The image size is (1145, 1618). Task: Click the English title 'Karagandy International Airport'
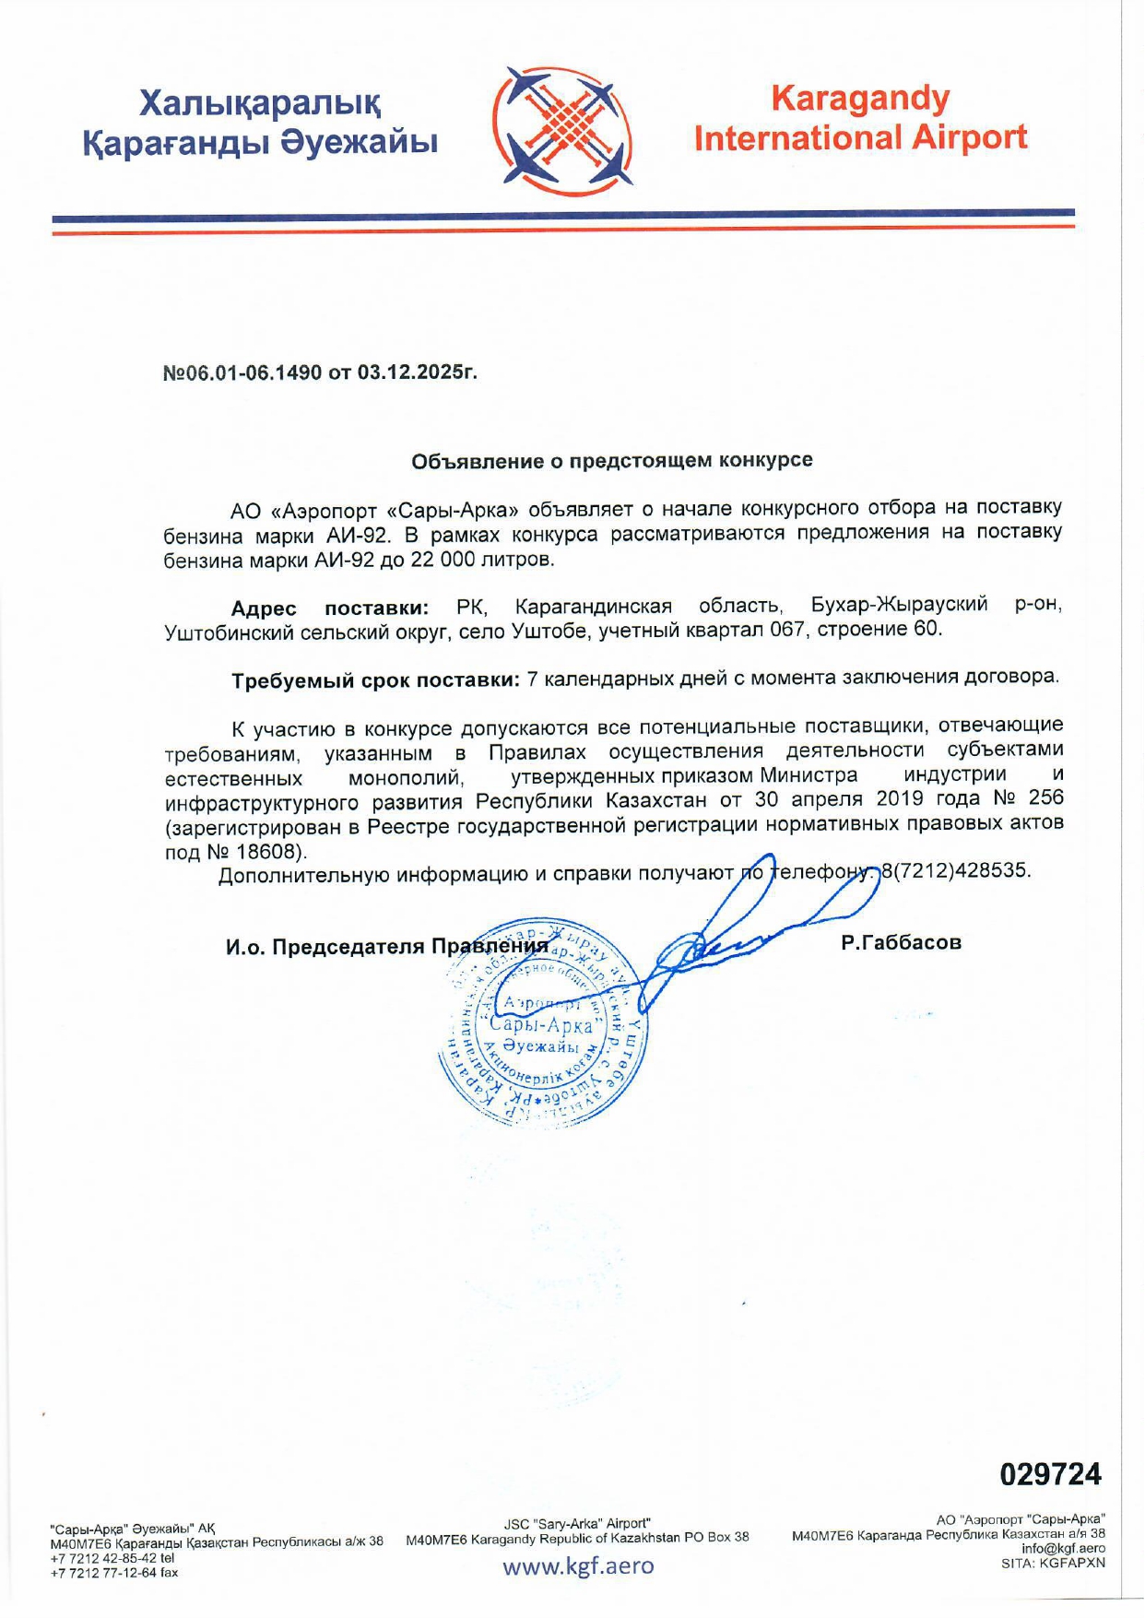(x=860, y=118)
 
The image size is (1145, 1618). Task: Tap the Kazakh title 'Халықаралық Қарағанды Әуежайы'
(x=260, y=123)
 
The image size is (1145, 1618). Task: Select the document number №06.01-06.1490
(x=242, y=373)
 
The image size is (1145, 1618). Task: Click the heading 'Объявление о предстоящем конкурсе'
(x=611, y=460)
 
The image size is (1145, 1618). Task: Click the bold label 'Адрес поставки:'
(x=330, y=608)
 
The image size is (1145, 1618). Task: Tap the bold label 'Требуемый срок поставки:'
(x=375, y=680)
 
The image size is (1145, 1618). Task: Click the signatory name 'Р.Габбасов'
(x=901, y=943)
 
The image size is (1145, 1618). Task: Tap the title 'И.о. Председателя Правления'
(x=387, y=947)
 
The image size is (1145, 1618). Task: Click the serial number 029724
(x=1050, y=1473)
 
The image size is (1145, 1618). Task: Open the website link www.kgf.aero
(x=578, y=1566)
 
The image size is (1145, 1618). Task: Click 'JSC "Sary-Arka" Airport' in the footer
(x=577, y=1523)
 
